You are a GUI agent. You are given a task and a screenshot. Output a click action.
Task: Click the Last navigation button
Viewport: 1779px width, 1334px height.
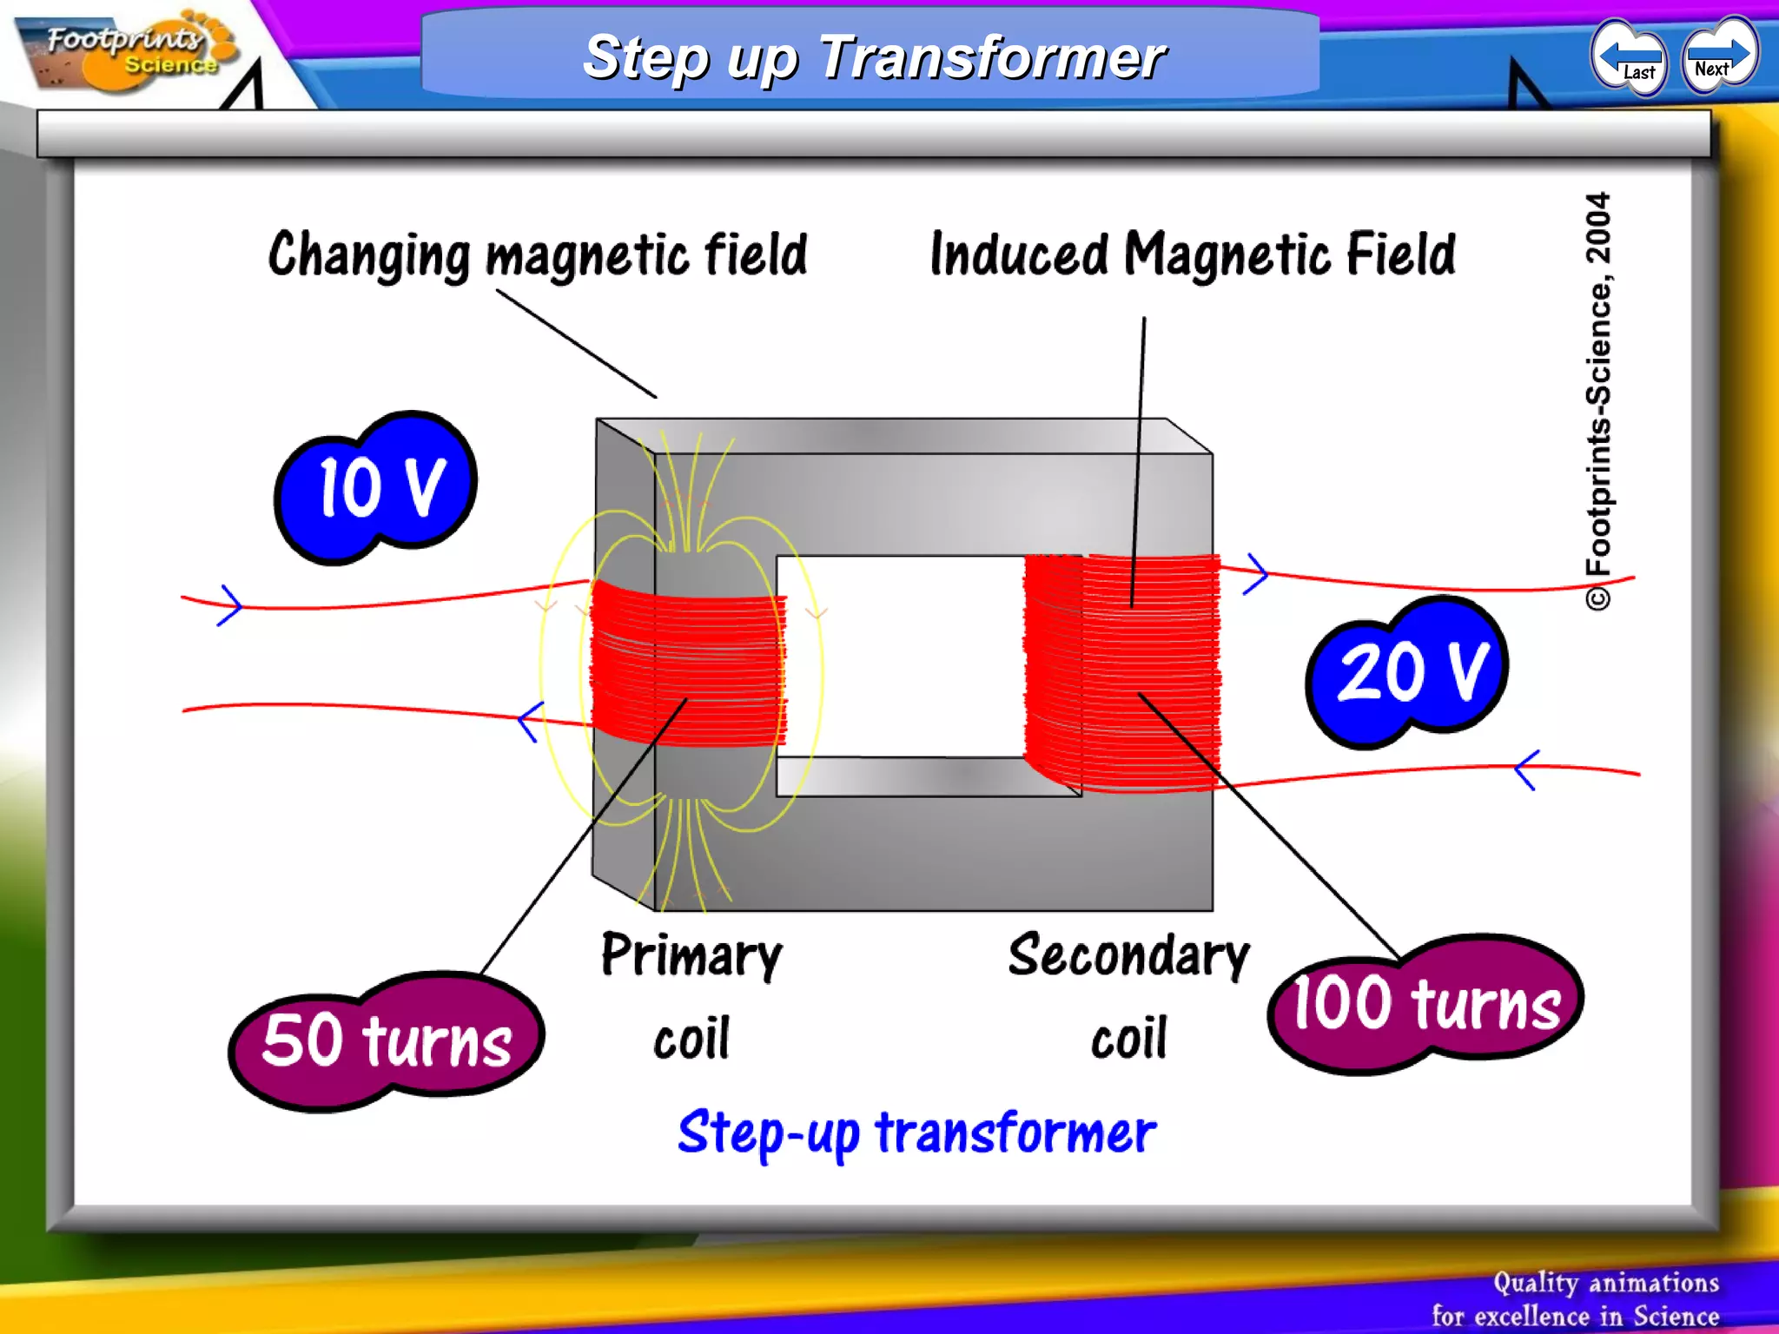pos(1629,58)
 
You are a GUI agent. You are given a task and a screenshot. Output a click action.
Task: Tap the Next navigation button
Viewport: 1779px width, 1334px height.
pos(1719,55)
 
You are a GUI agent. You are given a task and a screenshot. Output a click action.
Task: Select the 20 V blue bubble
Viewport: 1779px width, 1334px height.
pos(1408,671)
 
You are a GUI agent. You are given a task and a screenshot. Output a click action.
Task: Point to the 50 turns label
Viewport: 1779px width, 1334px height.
pos(387,1040)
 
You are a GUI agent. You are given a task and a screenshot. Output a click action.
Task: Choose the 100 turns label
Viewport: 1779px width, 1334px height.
pos(1425,1004)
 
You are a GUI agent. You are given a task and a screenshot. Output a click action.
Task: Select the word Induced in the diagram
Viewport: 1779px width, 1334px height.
pos(1018,254)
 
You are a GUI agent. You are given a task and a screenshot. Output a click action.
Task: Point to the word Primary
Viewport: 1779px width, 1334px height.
pos(691,956)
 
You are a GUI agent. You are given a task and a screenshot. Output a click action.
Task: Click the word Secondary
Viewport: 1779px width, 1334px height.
pos(1128,956)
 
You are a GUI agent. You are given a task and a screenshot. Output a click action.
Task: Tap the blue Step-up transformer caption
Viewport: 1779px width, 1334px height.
pos(916,1134)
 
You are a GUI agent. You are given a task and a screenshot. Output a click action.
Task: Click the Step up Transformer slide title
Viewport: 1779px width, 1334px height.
pos(874,57)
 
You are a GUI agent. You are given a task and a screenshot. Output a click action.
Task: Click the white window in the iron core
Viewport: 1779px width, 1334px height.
pos(900,657)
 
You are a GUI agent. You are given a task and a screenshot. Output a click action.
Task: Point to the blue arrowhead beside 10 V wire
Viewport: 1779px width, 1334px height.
pos(230,604)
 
